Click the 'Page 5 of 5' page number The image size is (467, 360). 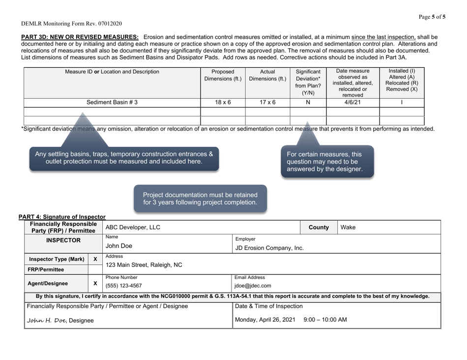[432, 17]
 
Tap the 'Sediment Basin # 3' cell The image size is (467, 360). [112, 102]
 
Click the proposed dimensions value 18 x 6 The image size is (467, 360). [223, 102]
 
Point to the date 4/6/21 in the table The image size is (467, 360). [352, 102]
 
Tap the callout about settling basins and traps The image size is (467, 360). [124, 157]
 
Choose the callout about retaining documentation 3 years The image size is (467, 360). [200, 198]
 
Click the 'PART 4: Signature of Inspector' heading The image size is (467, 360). [62, 217]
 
